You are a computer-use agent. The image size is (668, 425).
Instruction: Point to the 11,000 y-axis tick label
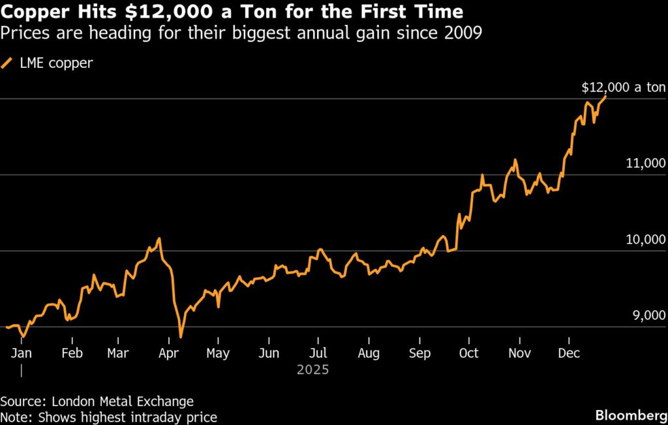pos(645,164)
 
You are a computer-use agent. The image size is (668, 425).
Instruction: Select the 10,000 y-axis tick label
pos(645,240)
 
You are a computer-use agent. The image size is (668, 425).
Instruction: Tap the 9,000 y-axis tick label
pos(646,317)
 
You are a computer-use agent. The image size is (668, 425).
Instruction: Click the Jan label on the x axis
pos(22,353)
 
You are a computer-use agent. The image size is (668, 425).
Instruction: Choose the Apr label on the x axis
pos(168,353)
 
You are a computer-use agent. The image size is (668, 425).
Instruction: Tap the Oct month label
pos(468,353)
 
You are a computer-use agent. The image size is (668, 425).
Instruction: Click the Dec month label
pos(569,353)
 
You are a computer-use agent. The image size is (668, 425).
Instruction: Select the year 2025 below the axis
pos(312,370)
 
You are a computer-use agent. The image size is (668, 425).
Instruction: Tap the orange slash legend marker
pos(7,63)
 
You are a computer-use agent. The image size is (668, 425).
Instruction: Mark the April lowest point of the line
pos(181,338)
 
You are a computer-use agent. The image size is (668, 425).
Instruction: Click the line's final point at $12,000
pos(606,97)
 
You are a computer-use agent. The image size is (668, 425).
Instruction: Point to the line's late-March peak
pos(159,238)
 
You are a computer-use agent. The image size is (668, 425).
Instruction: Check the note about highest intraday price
pos(108,417)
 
